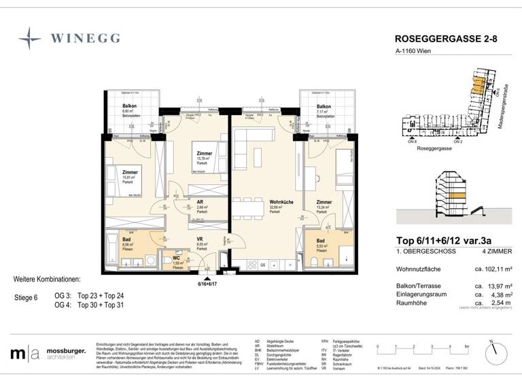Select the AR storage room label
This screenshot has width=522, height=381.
[201, 203]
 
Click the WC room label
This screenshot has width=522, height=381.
[177, 259]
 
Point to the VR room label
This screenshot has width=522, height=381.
[201, 239]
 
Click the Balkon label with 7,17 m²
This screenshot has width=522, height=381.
[324, 107]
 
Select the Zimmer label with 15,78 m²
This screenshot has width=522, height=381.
[204, 154]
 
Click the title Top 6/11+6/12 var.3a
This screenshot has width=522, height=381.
[445, 239]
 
